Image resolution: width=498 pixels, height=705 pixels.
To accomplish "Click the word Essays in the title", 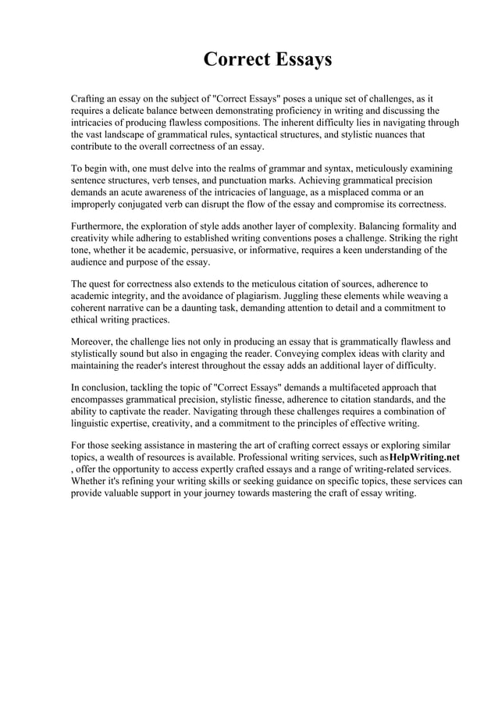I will tap(301, 59).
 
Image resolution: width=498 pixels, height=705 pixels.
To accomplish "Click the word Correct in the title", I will tap(235, 59).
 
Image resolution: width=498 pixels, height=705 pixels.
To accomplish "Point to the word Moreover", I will tap(92, 342).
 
